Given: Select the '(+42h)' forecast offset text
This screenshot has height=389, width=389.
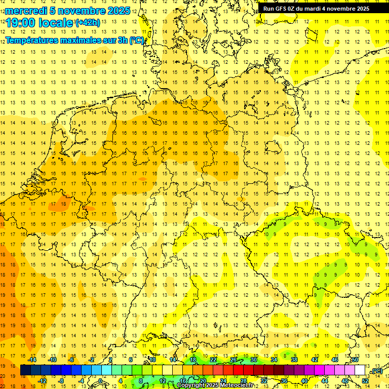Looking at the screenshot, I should (88, 22).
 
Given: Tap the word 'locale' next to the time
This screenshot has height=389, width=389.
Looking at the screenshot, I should (58, 23).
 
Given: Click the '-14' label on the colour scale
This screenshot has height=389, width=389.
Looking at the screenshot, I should (32, 360).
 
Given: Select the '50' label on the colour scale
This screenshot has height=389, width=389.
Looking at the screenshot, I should (355, 360).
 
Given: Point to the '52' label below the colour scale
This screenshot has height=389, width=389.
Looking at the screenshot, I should (365, 381).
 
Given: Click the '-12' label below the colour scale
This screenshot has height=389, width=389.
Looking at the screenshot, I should (42, 381).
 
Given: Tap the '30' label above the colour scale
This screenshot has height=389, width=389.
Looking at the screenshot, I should (254, 360).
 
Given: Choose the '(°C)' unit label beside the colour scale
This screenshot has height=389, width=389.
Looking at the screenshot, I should (376, 371).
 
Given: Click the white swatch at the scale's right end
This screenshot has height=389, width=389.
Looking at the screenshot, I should (360, 370).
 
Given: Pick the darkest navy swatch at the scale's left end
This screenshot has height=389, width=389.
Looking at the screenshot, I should (25, 370).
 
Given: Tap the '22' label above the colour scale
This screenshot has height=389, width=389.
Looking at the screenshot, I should (213, 360).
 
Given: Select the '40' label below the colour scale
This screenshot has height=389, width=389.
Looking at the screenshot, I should (304, 381).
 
